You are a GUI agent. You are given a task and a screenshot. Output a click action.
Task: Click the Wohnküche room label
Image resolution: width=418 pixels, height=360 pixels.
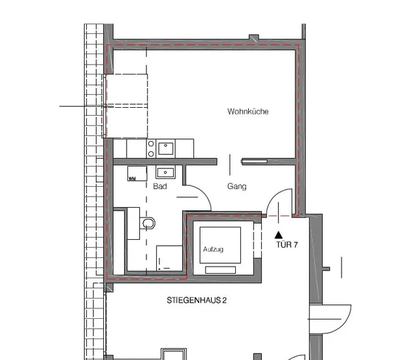click(248, 111)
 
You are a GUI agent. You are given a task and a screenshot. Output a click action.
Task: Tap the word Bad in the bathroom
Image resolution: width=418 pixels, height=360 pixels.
click(160, 186)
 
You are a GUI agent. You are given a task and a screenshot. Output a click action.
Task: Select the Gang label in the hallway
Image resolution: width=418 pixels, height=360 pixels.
click(236, 186)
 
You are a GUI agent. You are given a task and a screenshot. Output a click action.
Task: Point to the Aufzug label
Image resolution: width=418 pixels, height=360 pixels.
click(214, 250)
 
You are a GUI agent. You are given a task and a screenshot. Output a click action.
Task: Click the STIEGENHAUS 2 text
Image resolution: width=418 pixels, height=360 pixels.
click(197, 301)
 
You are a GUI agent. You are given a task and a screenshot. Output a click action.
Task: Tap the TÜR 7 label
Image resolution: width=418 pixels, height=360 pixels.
click(287, 244)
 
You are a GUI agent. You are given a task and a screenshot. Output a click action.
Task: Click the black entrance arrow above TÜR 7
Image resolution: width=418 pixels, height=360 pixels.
click(279, 235)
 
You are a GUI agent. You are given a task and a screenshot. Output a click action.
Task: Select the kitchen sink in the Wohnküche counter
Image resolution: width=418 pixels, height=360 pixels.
click(166, 148)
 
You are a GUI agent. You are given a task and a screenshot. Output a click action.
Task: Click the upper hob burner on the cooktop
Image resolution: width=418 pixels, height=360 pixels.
click(151, 144)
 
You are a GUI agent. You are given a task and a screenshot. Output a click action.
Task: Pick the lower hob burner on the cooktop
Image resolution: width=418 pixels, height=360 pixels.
click(151, 154)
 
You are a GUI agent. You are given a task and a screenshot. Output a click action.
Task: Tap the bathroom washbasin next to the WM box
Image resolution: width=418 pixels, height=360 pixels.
click(165, 172)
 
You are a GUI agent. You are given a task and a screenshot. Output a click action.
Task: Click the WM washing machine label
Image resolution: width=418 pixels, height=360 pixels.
click(132, 178)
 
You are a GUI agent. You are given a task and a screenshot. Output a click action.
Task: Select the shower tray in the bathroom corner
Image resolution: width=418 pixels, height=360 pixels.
click(170, 258)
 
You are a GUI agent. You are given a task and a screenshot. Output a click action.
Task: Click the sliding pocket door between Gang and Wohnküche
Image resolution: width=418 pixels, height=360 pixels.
click(254, 161)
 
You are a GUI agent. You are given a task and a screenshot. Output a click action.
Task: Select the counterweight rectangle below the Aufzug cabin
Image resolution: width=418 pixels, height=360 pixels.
click(221, 270)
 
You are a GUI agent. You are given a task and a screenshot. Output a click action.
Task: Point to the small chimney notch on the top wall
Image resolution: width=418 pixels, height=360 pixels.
click(254, 37)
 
